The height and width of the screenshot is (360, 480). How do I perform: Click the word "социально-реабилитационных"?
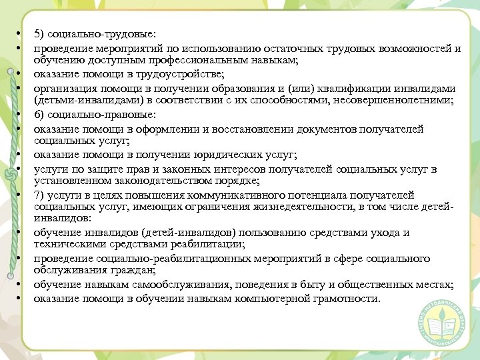(169, 259)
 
